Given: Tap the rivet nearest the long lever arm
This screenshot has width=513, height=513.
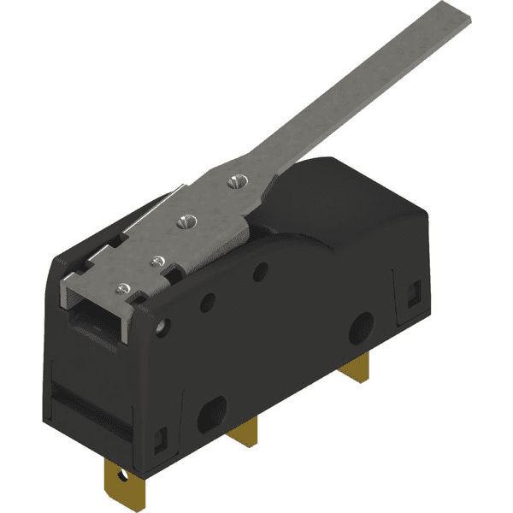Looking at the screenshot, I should click(x=236, y=180).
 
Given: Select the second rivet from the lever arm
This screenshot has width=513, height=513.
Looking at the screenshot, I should click(x=183, y=221).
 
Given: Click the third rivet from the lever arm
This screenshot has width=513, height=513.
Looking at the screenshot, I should click(x=156, y=259).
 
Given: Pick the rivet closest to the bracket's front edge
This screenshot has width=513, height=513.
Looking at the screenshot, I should click(x=126, y=287).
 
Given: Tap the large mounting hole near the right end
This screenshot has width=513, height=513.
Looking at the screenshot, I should click(x=362, y=325).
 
